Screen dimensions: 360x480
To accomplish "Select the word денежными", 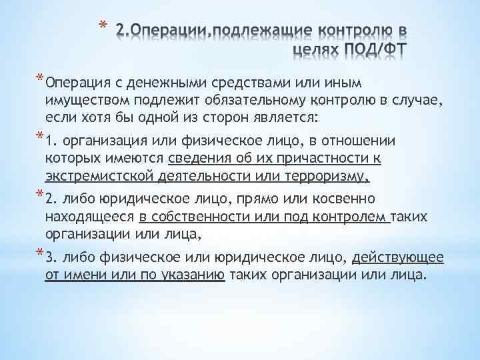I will coord(172,83).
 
